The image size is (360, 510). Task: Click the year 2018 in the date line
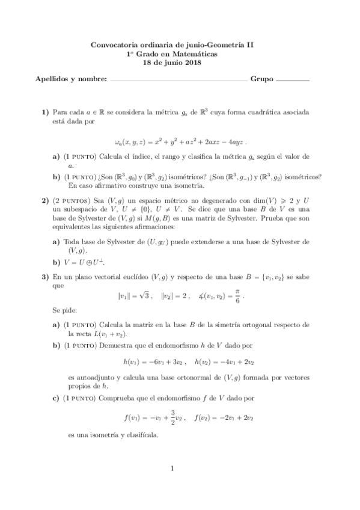[x=192, y=63]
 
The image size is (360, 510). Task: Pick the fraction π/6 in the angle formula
[x=238, y=296]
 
